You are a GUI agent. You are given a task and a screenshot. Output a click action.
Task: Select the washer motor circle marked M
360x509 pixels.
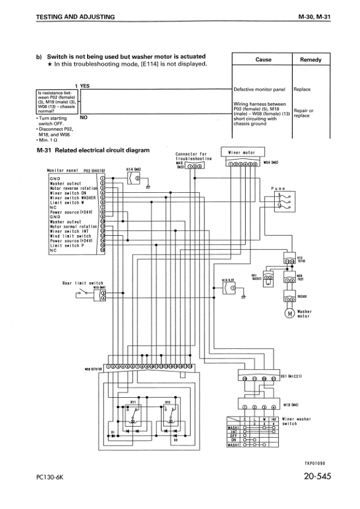(289, 313)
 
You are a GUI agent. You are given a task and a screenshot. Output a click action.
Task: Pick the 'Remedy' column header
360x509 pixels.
(310, 60)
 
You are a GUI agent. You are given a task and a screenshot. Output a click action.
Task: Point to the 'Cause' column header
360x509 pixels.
(263, 60)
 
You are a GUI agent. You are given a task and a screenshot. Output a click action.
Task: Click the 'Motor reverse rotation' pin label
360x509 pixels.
(73, 188)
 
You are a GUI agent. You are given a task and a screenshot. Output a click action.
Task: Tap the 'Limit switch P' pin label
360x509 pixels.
(67, 245)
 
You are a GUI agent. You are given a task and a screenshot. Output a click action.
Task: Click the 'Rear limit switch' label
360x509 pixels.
(83, 282)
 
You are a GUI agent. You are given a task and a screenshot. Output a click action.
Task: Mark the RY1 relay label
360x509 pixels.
(133, 401)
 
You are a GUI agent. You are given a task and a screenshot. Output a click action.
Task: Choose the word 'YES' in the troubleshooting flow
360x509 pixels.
(85, 86)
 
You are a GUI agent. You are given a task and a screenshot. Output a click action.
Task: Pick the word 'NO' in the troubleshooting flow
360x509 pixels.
(83, 118)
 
